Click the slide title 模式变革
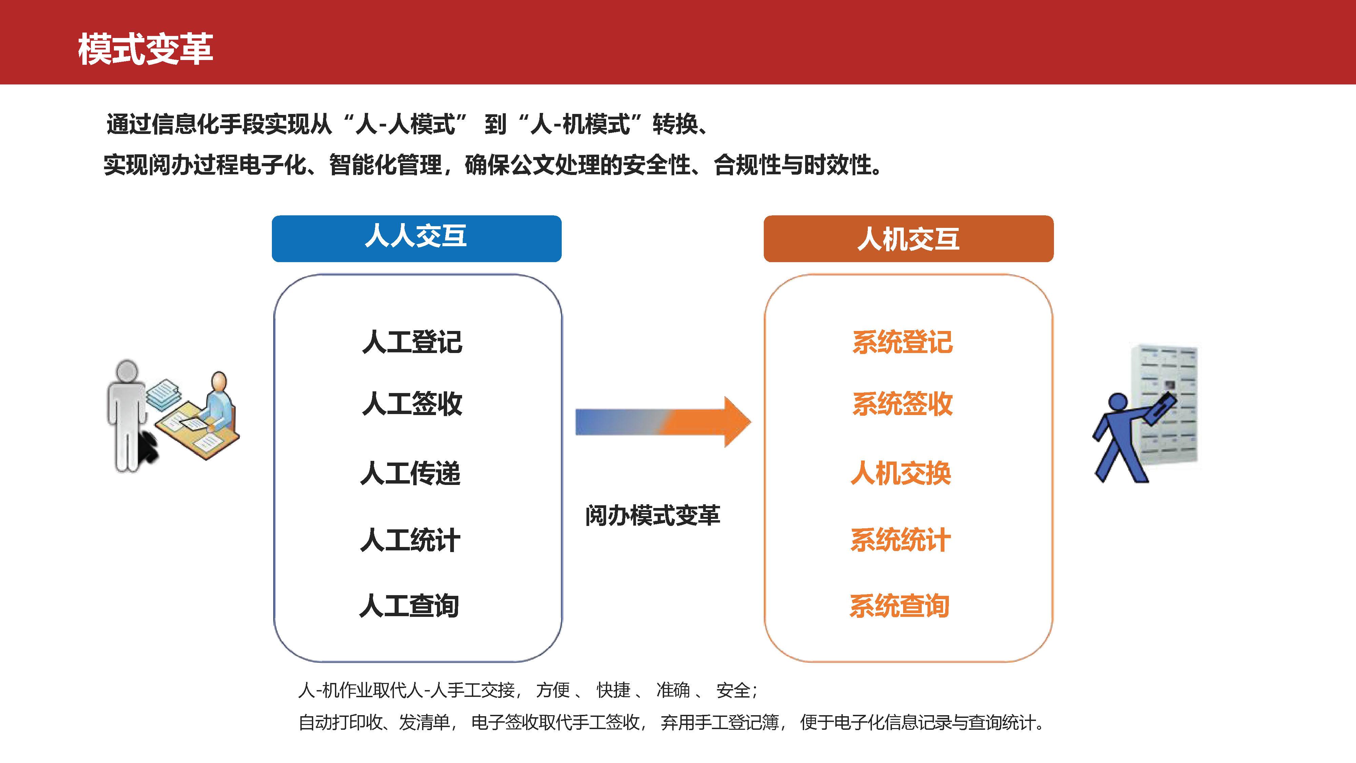click(x=145, y=49)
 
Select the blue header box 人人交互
click(x=416, y=238)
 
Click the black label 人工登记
click(x=412, y=342)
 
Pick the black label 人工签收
click(x=412, y=404)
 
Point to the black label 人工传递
click(x=411, y=472)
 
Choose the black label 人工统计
click(x=411, y=540)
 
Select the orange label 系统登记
click(x=902, y=342)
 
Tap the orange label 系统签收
click(x=902, y=404)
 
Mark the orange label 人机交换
click(x=901, y=472)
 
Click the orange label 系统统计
click(x=901, y=540)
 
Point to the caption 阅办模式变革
click(x=652, y=515)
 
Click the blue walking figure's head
click(x=1118, y=403)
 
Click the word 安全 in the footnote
click(x=733, y=690)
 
